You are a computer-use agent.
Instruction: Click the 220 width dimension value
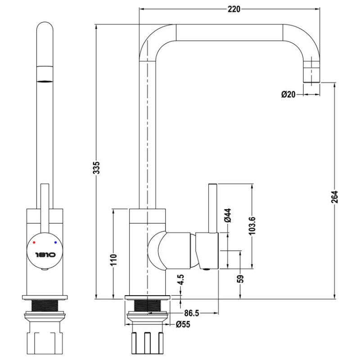(x=234, y=9)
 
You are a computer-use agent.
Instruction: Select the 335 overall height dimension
(x=97, y=167)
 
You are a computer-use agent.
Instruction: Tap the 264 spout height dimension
(x=334, y=197)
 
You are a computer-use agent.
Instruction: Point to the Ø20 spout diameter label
(x=288, y=94)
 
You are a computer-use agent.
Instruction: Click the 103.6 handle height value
(x=252, y=226)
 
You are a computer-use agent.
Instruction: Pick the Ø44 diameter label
(x=228, y=216)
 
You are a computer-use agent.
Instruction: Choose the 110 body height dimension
(x=114, y=260)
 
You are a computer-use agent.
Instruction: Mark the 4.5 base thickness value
(x=181, y=279)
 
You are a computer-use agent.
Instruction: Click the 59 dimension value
(x=241, y=279)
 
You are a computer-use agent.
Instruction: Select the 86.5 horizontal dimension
(x=192, y=313)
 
